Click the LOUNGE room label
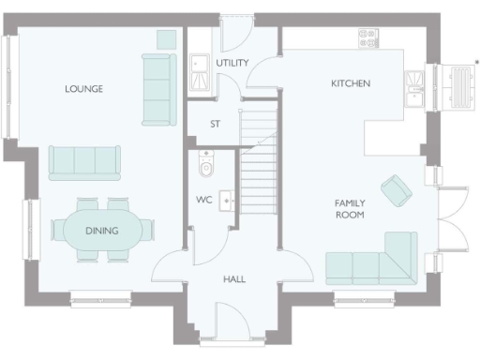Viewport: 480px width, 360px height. [x=83, y=89]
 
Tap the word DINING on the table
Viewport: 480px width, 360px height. [x=101, y=231]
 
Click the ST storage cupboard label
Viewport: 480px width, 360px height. [x=215, y=124]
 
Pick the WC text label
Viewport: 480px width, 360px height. [x=203, y=200]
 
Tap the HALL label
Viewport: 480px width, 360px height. [x=234, y=279]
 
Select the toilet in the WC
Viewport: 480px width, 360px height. [x=207, y=165]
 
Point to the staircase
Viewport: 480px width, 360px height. [x=261, y=159]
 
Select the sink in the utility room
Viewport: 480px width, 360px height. [x=199, y=67]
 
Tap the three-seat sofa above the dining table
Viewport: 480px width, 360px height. [x=84, y=162]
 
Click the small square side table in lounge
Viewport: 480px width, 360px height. [x=165, y=38]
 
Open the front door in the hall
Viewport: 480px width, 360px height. [x=230, y=323]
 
